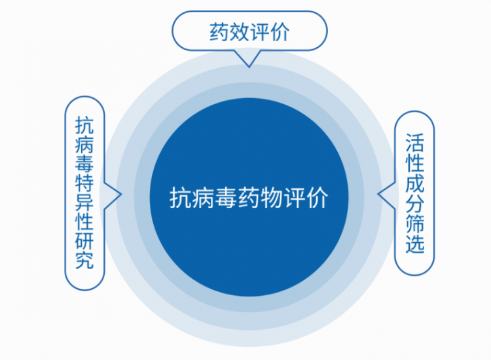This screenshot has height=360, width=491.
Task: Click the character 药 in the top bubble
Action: (219, 31)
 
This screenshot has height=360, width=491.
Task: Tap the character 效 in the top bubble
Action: (239, 31)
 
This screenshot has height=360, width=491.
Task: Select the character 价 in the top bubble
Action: (280, 31)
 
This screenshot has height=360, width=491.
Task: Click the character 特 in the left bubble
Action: (84, 183)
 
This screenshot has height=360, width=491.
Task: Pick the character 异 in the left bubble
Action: (84, 202)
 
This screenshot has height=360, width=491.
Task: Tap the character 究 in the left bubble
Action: (84, 260)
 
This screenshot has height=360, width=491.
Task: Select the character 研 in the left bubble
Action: (84, 241)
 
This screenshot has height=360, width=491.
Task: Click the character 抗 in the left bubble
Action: (84, 126)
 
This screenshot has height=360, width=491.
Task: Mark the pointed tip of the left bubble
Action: (120, 194)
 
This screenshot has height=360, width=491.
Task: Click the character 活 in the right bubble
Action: (415, 143)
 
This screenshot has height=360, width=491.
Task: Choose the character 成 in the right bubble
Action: (415, 183)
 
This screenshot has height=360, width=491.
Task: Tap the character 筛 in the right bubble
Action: (415, 224)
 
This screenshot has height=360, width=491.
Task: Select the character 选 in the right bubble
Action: (415, 243)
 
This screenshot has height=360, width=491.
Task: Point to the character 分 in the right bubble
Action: (415, 204)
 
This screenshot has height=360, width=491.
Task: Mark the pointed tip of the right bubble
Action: (378, 194)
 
